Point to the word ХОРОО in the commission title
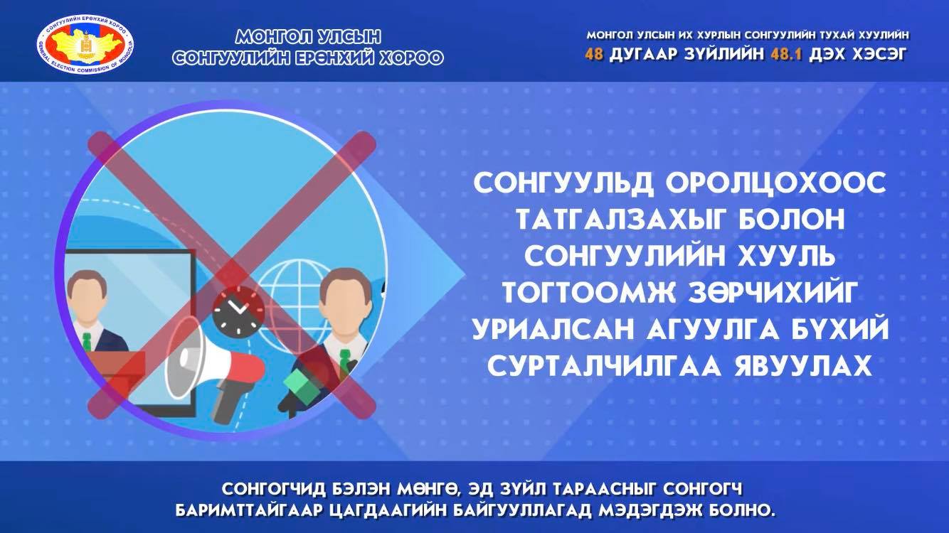pyautogui.click(x=410, y=58)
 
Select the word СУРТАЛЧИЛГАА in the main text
pyautogui.click(x=604, y=365)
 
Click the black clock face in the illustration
pyautogui.click(x=238, y=311)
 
